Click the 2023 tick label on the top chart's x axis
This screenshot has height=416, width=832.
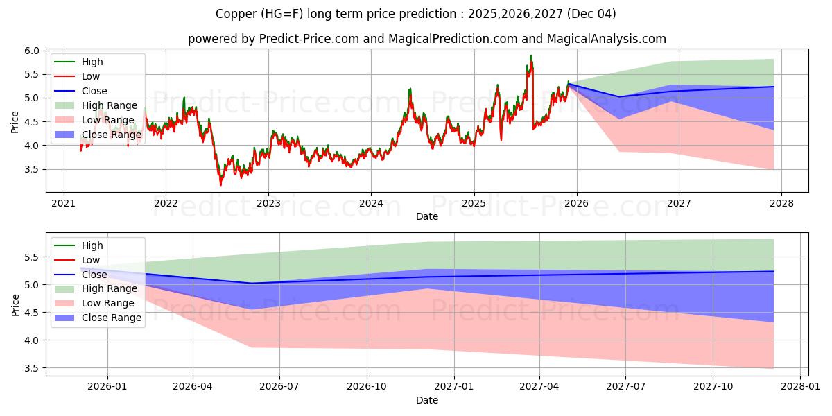point(268,203)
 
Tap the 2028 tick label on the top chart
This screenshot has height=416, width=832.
point(781,203)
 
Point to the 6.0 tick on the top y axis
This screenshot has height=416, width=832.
point(31,51)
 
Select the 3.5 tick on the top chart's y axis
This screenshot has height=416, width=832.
point(31,169)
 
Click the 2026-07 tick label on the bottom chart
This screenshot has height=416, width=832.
point(279,388)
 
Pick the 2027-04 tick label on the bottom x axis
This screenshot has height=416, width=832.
point(539,388)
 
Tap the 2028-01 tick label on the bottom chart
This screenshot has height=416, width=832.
point(799,388)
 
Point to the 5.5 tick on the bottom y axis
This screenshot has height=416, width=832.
point(31,257)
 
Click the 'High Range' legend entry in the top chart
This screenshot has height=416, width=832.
point(109,105)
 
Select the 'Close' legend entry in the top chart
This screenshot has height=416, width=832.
point(94,91)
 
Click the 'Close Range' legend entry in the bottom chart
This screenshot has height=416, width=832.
point(111,318)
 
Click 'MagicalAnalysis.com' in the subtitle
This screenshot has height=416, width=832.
point(607,39)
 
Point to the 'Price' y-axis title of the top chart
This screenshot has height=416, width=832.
point(15,122)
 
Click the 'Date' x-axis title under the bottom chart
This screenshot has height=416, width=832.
point(427,400)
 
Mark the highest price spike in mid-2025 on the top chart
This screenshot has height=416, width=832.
point(531,55)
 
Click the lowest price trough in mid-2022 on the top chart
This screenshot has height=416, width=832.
point(221,184)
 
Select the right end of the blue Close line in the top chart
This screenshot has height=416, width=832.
point(774,87)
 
